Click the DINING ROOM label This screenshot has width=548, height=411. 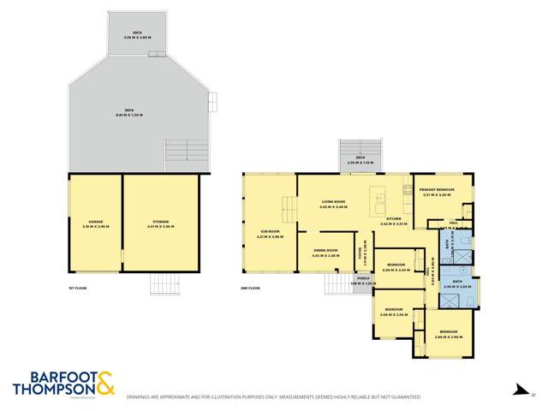click(326, 252)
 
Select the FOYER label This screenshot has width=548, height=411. click(362, 253)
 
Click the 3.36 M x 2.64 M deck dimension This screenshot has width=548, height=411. click(132, 36)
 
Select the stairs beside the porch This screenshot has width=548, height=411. click(343, 283)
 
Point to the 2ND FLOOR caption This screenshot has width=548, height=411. click(251, 289)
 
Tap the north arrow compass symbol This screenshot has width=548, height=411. click(519, 390)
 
